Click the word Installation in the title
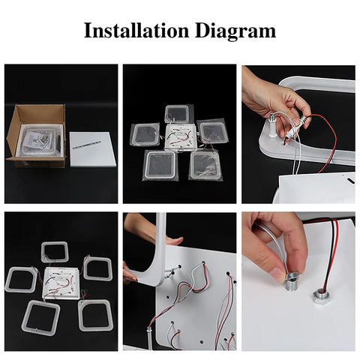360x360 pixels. (x=136, y=30)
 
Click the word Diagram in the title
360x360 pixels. (x=235, y=31)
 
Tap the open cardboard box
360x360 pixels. (x=37, y=136)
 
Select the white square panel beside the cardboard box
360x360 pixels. (x=93, y=149)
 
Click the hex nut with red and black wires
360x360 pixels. (x=320, y=295)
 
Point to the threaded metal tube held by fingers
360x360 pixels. (x=292, y=282)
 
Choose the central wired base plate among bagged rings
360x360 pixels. (x=180, y=137)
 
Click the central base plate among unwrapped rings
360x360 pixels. (x=61, y=283)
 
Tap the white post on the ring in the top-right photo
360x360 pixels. (x=271, y=125)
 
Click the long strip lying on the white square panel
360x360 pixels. (x=86, y=145)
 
